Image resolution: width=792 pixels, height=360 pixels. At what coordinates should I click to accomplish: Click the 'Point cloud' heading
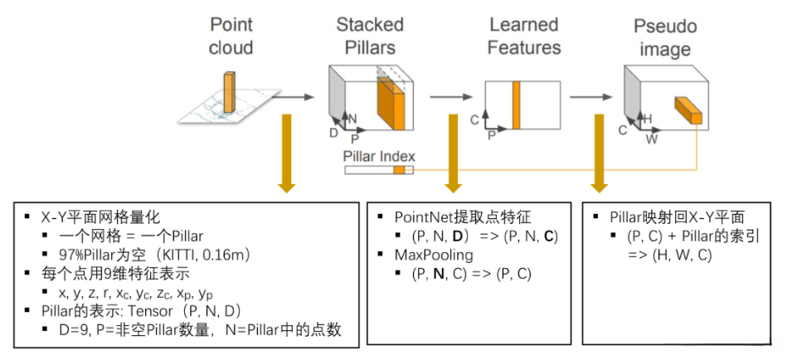[231, 36]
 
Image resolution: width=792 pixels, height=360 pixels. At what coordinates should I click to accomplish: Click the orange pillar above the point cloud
[229, 92]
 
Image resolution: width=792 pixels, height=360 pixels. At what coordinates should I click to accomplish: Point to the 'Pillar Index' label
[379, 155]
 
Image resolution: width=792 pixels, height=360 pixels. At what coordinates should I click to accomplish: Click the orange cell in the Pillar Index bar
[399, 169]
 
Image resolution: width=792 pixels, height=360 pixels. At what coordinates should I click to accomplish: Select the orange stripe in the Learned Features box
[516, 105]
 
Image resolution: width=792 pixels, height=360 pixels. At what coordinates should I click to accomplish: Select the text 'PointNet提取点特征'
[461, 217]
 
